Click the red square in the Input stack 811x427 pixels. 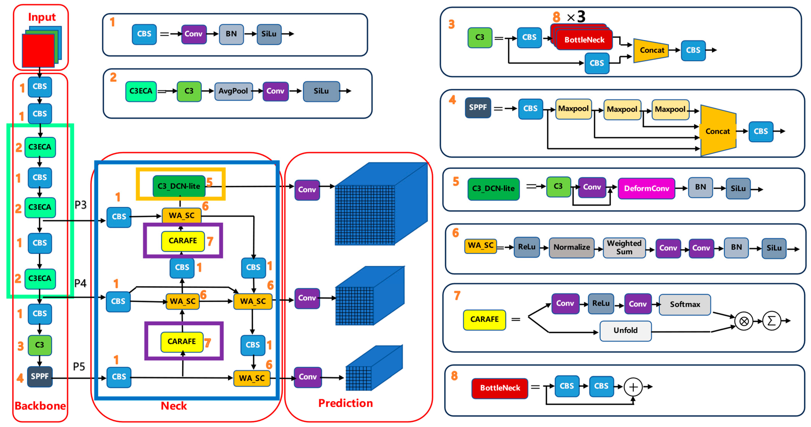click(x=38, y=50)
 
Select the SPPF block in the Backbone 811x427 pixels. click(x=40, y=376)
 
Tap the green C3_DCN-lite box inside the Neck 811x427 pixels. click(x=179, y=186)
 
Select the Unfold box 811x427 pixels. click(x=625, y=331)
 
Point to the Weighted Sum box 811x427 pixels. click(x=624, y=248)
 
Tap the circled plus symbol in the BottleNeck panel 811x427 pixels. click(x=633, y=387)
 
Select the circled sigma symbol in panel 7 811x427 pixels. click(x=771, y=321)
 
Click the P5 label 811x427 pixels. click(x=79, y=367)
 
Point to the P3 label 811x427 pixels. click(x=81, y=205)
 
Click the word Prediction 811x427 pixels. click(x=345, y=403)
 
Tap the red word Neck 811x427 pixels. click(x=174, y=406)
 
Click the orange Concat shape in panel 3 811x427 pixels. click(x=651, y=50)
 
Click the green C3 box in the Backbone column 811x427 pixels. click(x=40, y=345)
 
